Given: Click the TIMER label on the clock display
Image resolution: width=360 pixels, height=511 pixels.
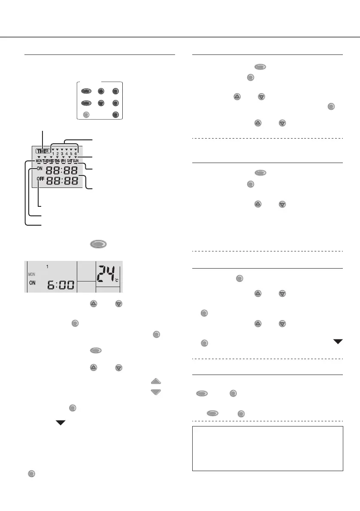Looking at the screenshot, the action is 43,151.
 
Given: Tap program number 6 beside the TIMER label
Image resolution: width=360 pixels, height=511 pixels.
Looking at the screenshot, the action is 76,154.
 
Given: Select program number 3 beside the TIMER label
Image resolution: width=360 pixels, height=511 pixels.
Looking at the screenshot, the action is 62,154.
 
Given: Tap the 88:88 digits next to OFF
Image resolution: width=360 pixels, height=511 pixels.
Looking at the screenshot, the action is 62,181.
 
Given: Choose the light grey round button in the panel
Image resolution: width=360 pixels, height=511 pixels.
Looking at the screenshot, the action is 86,115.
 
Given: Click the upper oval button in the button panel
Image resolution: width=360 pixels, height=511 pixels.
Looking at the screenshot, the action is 87,91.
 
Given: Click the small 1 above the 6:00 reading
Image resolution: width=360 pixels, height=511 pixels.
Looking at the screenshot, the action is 48,266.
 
